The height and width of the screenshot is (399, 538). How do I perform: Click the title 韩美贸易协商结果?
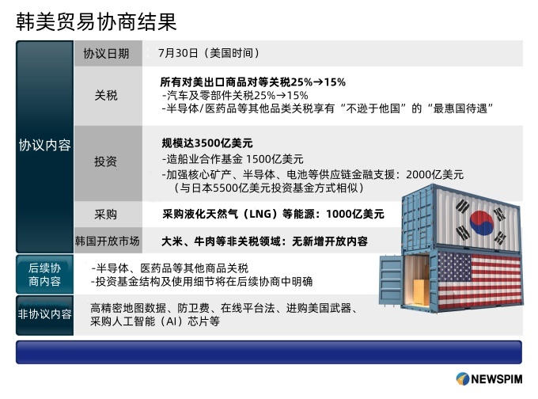point(97,22)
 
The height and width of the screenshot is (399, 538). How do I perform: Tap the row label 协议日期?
point(106,54)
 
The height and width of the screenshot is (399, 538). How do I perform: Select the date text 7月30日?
point(178,53)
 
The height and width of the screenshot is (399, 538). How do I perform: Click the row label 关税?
point(106,95)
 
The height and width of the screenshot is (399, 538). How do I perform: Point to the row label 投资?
point(106,161)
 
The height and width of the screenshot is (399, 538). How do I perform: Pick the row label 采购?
point(106,215)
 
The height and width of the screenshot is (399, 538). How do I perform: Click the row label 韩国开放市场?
point(108,241)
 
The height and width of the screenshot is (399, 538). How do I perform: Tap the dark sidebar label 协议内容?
point(44,145)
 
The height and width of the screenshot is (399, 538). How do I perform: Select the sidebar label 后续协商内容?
point(44,275)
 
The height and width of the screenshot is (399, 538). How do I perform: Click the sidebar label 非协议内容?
point(44,313)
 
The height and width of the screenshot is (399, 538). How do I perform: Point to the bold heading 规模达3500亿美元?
point(207,142)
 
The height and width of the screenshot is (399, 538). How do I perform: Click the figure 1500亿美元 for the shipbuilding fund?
point(275,159)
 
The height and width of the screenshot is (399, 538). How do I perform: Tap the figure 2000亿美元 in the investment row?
point(434,174)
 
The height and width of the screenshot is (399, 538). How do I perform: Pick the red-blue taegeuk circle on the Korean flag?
point(481,222)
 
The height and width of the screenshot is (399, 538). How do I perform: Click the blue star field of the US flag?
point(454,268)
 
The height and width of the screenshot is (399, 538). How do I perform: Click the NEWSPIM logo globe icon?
point(463,378)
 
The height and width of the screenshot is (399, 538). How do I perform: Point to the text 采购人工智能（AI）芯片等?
point(155,321)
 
